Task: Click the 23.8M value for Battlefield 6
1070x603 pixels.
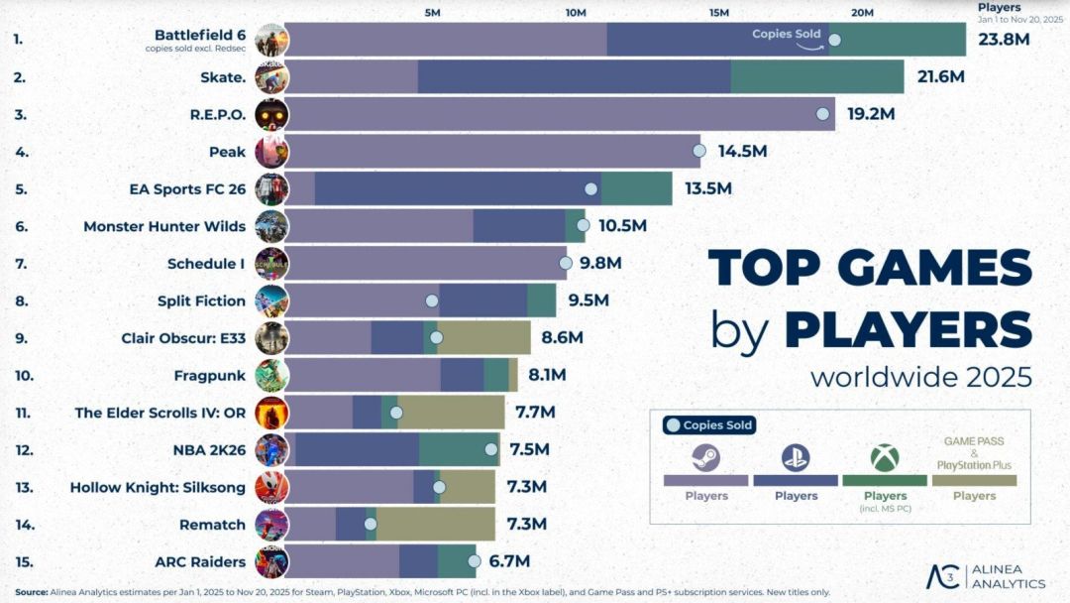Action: click(1004, 40)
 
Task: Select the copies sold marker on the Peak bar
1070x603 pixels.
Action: click(698, 151)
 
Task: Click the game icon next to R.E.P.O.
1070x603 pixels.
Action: click(271, 114)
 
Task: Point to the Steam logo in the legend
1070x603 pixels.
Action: click(705, 457)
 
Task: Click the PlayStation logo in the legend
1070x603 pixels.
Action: click(796, 457)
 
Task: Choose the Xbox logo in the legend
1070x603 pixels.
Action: click(885, 457)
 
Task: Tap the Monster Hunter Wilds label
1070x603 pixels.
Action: click(164, 226)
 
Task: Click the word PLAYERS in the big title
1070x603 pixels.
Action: click(908, 329)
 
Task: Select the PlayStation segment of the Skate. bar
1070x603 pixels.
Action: click(574, 76)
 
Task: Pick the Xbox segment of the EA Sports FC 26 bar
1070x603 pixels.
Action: click(636, 188)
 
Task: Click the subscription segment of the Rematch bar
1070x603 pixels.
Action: click(435, 524)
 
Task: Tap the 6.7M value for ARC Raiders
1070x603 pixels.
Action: click(509, 561)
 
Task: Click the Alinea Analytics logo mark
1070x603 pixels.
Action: click(941, 576)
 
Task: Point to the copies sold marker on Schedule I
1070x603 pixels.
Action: click(565, 263)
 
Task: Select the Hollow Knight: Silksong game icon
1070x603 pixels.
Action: click(271, 487)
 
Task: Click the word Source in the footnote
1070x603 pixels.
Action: click(31, 592)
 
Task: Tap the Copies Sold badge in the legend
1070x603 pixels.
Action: click(709, 425)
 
